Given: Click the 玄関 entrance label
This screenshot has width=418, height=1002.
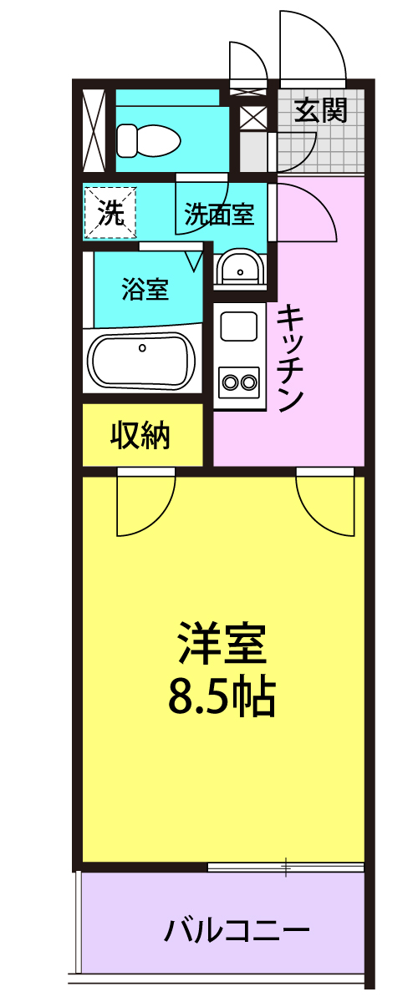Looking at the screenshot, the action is tap(321, 110).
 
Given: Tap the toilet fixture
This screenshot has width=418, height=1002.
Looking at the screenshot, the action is tap(148, 140).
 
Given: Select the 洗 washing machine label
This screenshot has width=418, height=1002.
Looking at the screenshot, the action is tap(110, 212).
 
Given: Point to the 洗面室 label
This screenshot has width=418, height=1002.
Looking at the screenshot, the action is tap(220, 215).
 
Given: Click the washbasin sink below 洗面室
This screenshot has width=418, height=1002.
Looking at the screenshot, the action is tap(239, 267).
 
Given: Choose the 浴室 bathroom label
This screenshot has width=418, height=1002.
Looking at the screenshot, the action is tap(145, 290).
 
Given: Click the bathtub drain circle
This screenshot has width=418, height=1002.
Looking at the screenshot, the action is tap(142, 347).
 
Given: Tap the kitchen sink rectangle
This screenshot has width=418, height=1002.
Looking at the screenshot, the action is tap(239, 327).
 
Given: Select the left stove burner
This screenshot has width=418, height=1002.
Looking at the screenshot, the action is tap(231, 382).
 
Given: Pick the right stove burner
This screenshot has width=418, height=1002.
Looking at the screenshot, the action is tap(247, 382).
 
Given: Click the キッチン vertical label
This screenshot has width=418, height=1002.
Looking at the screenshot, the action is tap(290, 358).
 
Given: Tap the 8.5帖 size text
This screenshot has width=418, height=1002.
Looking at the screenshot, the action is tap(222, 696).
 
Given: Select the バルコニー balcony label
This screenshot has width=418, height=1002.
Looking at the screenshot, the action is tap(237, 931).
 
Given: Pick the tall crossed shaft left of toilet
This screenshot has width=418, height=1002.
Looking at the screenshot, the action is tap(94, 130).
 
